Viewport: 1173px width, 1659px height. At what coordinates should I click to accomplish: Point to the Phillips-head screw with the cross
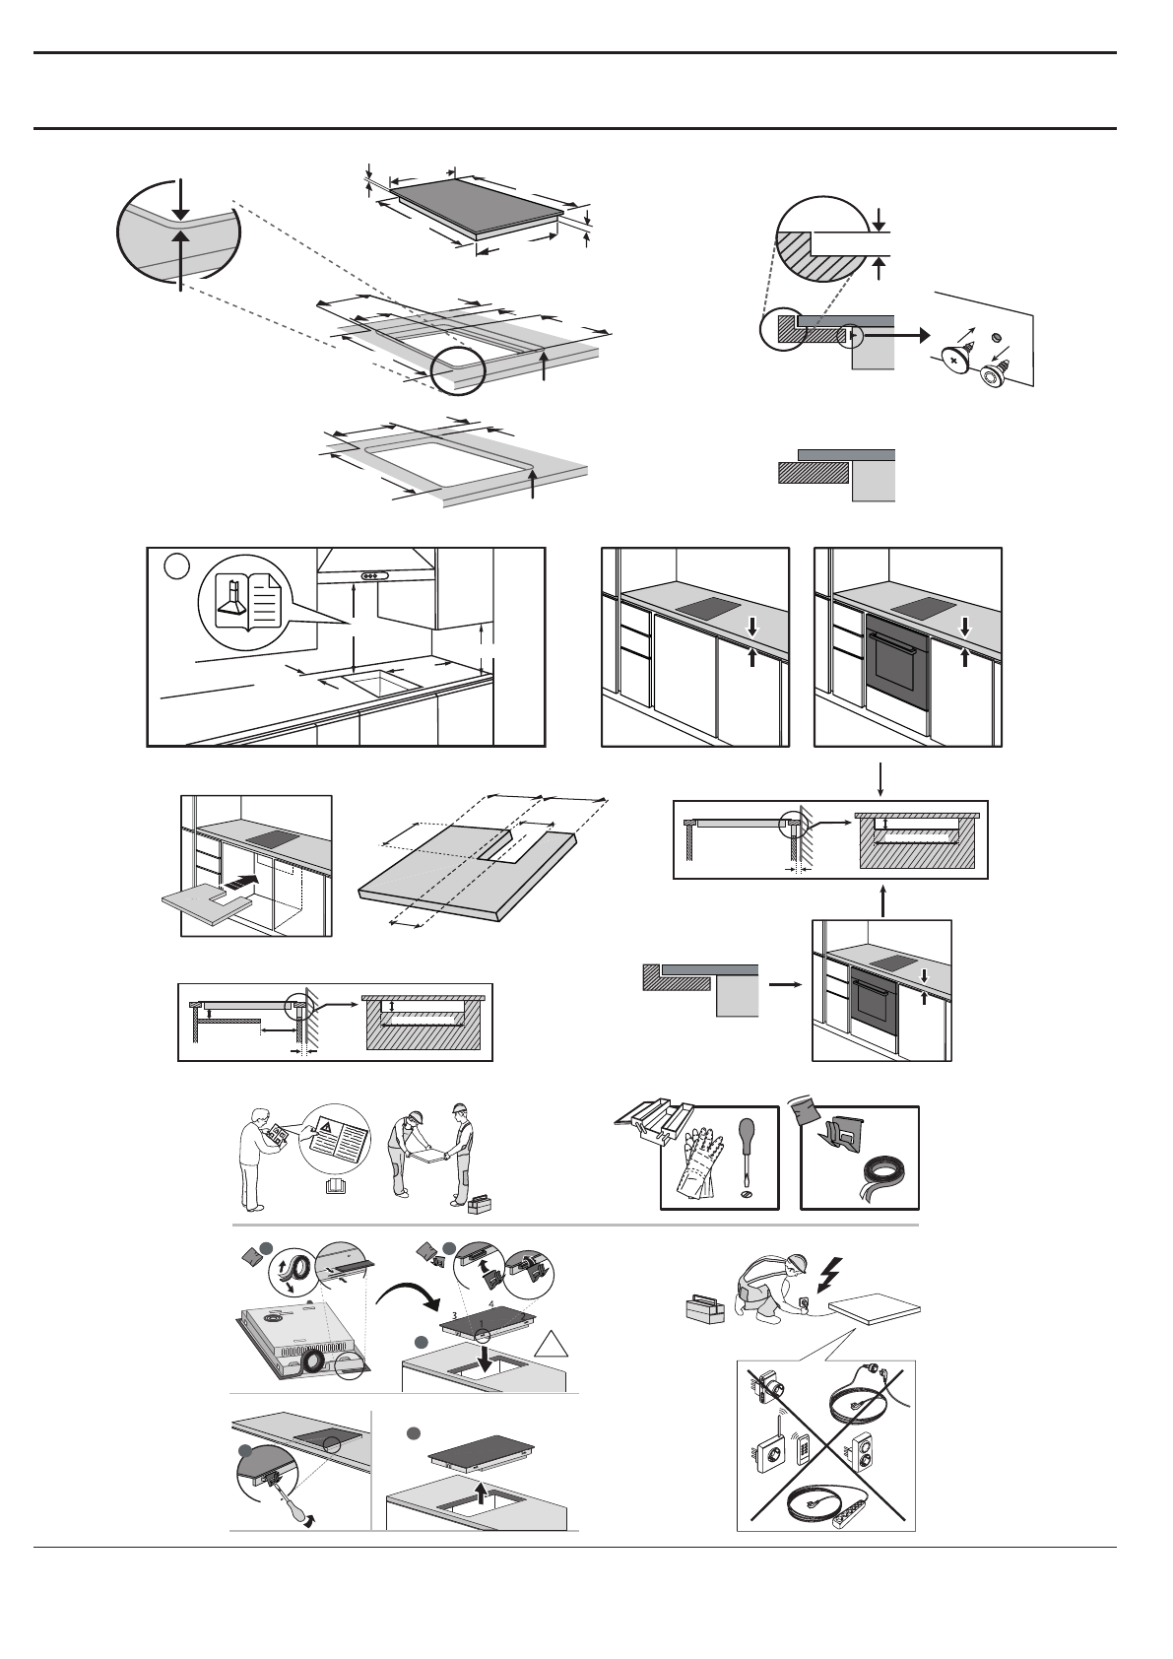(x=953, y=361)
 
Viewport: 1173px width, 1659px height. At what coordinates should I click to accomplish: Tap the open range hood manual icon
(x=247, y=602)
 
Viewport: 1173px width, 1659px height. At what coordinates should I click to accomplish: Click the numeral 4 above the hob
(x=489, y=1304)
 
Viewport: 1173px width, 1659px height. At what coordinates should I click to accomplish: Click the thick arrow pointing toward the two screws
(x=894, y=335)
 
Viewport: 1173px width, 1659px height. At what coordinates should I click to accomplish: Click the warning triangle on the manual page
(x=326, y=1126)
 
